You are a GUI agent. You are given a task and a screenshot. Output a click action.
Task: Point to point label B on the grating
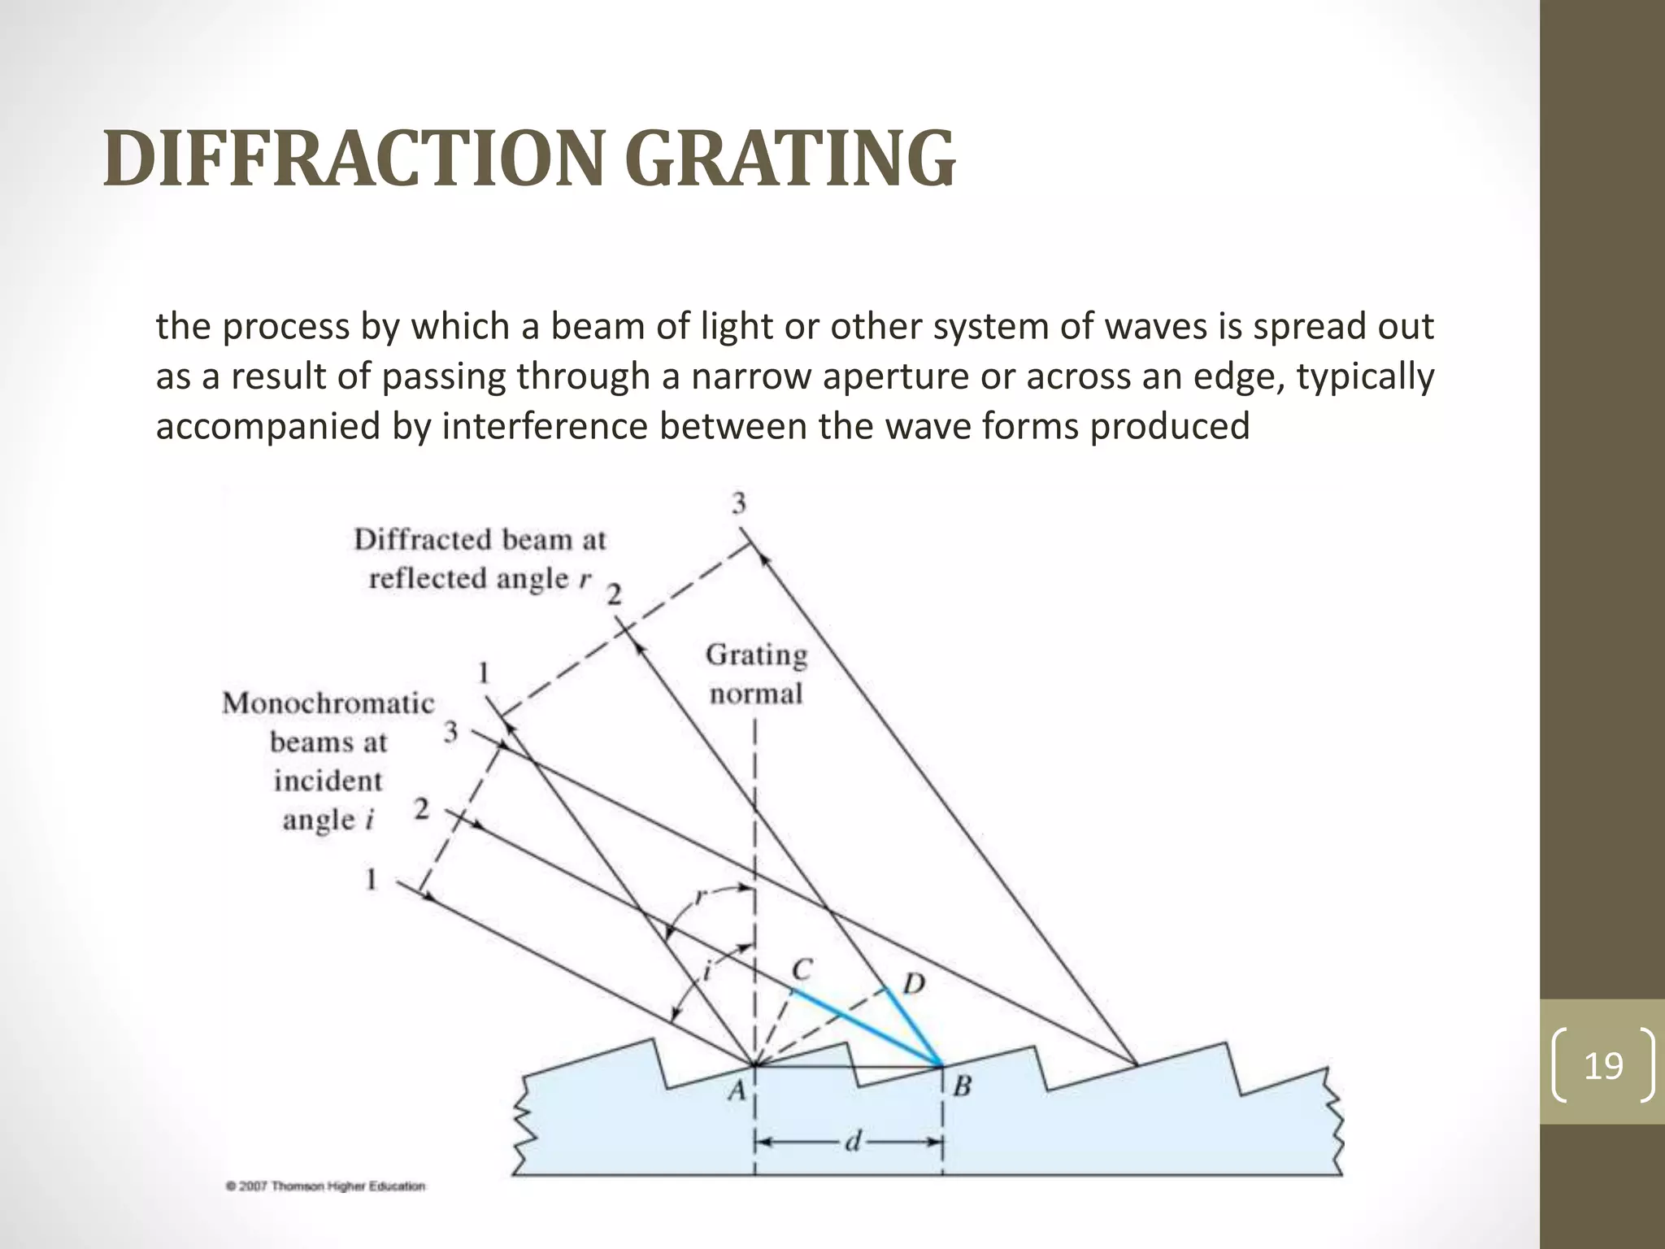[962, 1086]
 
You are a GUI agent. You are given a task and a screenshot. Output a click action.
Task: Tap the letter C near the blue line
[802, 969]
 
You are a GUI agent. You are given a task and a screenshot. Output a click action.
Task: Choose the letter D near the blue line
[914, 985]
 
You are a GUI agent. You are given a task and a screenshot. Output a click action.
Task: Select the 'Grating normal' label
[756, 674]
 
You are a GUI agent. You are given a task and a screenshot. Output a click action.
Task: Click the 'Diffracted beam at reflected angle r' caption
[480, 559]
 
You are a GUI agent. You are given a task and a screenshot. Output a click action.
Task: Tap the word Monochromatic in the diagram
[328, 703]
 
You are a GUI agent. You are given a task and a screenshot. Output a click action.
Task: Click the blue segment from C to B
[866, 1026]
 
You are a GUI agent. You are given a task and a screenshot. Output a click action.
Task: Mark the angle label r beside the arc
[701, 897]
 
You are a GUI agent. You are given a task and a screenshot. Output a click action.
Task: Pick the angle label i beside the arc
[706, 969]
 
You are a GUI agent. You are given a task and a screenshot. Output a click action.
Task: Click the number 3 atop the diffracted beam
[738, 504]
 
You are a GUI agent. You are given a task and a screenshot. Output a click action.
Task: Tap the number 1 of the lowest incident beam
[372, 879]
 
